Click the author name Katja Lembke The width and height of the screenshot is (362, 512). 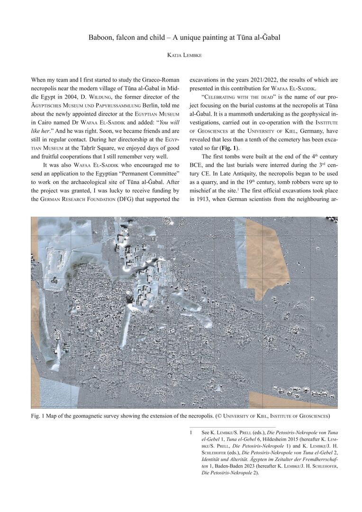tap(181, 56)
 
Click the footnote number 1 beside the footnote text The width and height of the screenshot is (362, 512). tap(190, 433)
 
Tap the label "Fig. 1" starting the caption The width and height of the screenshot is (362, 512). tap(38, 416)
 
